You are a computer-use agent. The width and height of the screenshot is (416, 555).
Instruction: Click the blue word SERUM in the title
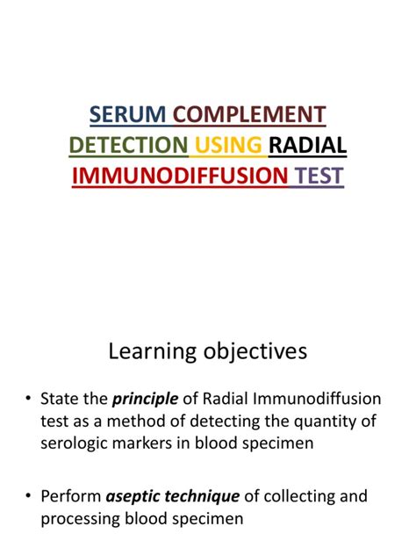point(129,114)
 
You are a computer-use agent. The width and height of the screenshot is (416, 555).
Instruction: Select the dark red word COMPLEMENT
point(249,114)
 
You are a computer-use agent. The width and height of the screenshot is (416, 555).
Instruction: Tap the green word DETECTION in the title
point(128,145)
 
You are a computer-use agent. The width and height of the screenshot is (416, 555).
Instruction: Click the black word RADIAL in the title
point(308,145)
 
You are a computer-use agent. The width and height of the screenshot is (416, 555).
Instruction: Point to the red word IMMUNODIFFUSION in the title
point(180,177)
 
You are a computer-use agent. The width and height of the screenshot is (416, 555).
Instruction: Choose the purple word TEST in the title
point(319,177)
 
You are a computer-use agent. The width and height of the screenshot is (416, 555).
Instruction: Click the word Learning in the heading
point(151,352)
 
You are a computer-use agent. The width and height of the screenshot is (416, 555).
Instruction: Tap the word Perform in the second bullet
point(70,496)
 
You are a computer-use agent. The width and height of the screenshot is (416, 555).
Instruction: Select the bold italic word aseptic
point(134,496)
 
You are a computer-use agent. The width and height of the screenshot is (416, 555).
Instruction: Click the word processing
point(80,517)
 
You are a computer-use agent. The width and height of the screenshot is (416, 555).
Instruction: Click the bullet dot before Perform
point(29,497)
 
